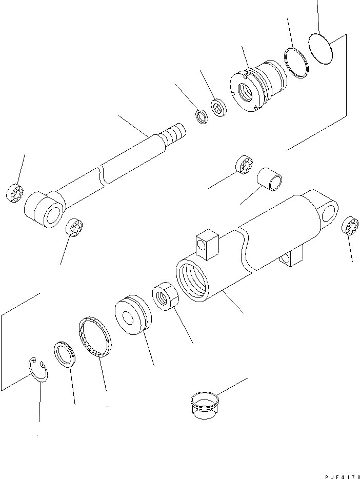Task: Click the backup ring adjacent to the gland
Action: [295, 63]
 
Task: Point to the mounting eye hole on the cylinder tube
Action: [328, 210]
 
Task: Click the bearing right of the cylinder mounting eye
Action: [350, 226]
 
